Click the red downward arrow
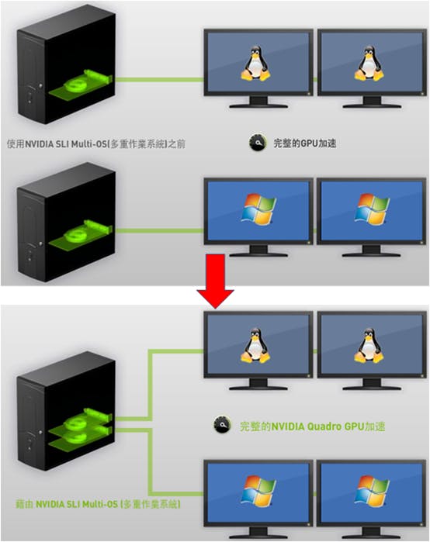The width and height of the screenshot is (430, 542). (x=215, y=281)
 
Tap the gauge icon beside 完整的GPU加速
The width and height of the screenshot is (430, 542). (x=258, y=142)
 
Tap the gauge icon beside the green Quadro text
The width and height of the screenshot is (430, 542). (x=222, y=425)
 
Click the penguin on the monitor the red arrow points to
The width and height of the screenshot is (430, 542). (x=255, y=345)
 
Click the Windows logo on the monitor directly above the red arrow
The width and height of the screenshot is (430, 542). (x=258, y=209)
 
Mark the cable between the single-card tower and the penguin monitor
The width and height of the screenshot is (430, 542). (x=159, y=80)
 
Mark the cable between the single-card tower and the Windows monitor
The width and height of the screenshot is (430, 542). (x=159, y=230)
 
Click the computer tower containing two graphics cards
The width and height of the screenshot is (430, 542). (x=66, y=411)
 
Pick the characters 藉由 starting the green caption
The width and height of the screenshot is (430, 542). (x=24, y=504)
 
